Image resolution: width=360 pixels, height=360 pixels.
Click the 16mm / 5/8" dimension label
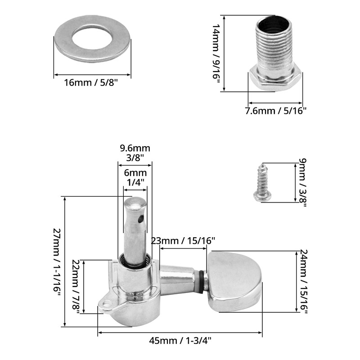[91, 83]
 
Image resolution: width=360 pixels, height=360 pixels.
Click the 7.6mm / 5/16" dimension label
[276, 111]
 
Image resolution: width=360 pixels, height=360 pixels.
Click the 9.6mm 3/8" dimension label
[135, 153]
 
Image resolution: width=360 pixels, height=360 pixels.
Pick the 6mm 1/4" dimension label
[135, 177]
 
